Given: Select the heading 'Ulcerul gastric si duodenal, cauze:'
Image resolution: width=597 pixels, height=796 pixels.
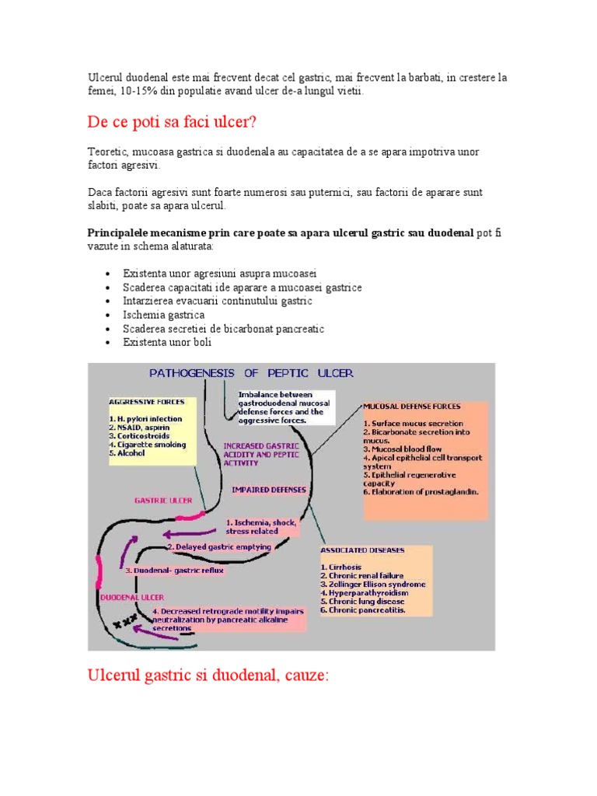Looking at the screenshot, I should [208, 676].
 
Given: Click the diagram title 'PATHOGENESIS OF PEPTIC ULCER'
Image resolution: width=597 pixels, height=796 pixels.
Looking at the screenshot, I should [251, 373].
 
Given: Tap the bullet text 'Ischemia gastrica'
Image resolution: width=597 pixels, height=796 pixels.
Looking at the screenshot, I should [163, 315].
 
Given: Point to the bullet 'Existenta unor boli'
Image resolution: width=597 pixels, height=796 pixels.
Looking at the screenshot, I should [167, 342].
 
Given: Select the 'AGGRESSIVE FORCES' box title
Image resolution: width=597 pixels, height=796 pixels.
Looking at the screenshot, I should [147, 402].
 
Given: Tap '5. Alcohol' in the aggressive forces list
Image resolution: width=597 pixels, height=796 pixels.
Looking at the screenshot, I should [127, 452].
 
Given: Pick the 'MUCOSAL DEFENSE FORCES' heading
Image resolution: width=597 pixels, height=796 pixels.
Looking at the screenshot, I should [412, 406].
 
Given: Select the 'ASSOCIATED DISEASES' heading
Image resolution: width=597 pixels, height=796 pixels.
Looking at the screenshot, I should [362, 550].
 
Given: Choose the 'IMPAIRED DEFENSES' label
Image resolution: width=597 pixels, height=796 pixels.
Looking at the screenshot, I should [269, 490].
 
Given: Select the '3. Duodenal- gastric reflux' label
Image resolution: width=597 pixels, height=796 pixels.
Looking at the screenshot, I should [175, 570].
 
